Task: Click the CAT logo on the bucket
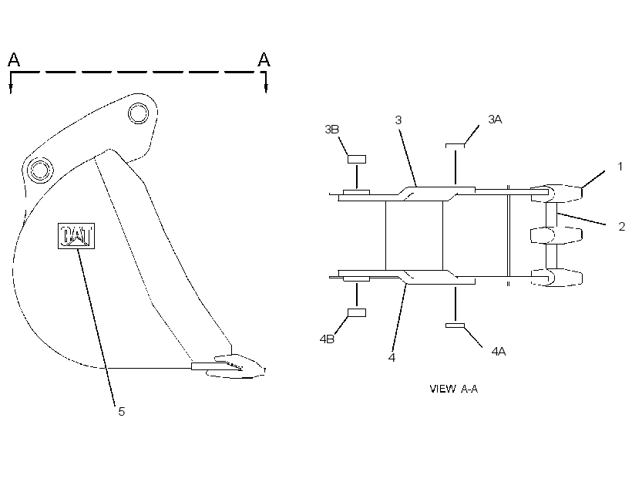click(76, 235)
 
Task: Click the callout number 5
click(121, 412)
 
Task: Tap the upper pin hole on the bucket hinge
click(138, 113)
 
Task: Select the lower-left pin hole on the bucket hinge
click(40, 170)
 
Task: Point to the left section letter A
click(14, 59)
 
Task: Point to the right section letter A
click(264, 59)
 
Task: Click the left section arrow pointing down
click(11, 83)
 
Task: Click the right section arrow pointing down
click(266, 83)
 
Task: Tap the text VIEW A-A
click(453, 389)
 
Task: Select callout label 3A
click(495, 120)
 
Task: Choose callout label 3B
click(331, 129)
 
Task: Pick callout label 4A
click(499, 352)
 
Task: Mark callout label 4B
click(327, 339)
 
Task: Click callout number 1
click(620, 167)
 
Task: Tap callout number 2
click(621, 226)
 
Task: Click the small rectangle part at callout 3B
click(357, 159)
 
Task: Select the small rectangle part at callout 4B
click(357, 312)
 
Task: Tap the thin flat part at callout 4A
click(455, 325)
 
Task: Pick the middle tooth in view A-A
click(556, 235)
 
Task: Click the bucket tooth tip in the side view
click(264, 369)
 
